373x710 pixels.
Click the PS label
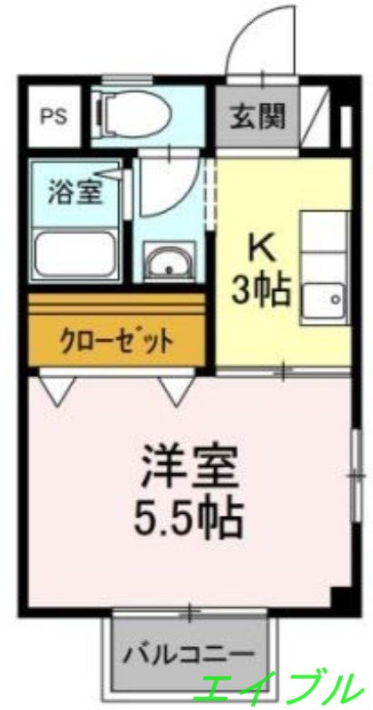coord(51,117)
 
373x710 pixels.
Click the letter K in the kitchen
coord(258,244)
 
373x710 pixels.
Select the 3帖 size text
coord(260,290)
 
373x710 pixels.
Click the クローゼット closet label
coord(115,340)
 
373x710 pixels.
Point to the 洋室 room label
coord(191,469)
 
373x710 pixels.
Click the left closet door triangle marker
coord(56,390)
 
